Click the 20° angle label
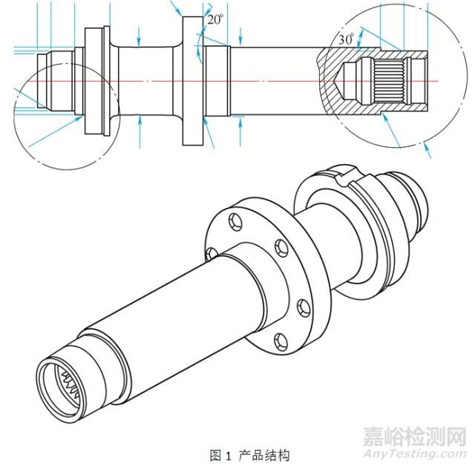pyautogui.click(x=215, y=21)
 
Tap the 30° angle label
pyautogui.click(x=344, y=39)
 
